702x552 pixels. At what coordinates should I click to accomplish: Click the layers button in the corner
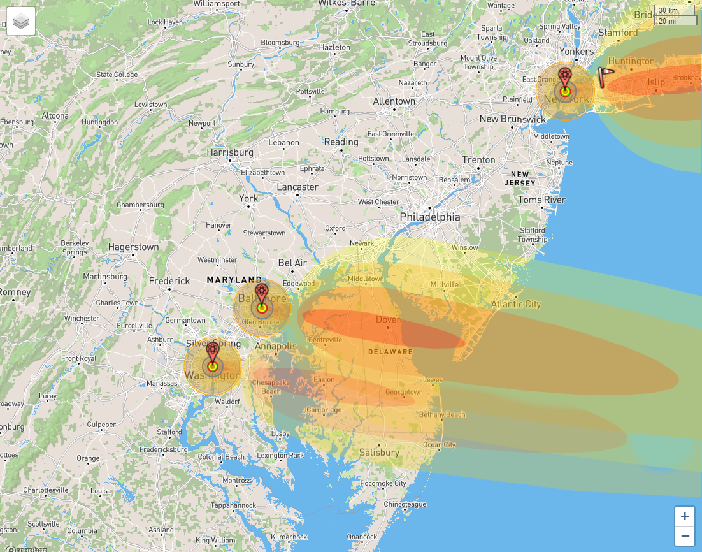(21, 21)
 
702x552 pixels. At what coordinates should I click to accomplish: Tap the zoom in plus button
(685, 516)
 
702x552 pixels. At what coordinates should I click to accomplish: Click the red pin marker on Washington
(212, 351)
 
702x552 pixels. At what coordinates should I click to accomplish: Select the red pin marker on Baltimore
(261, 294)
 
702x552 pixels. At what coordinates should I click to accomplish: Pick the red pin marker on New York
(564, 77)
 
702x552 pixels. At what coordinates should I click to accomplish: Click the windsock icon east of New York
(605, 76)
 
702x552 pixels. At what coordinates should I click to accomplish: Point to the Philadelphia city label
(429, 217)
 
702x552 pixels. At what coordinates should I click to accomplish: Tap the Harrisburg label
(230, 153)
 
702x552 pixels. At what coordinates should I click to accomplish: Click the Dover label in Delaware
(388, 319)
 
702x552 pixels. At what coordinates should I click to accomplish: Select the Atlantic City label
(515, 304)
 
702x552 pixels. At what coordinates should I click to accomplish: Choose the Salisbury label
(378, 453)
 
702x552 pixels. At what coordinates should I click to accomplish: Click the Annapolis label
(276, 346)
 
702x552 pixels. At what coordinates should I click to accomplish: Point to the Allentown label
(394, 101)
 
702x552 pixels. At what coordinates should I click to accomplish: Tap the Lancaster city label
(297, 187)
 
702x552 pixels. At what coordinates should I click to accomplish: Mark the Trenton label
(478, 160)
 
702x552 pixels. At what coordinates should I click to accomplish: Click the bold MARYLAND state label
(234, 280)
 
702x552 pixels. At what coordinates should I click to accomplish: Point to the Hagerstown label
(133, 247)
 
